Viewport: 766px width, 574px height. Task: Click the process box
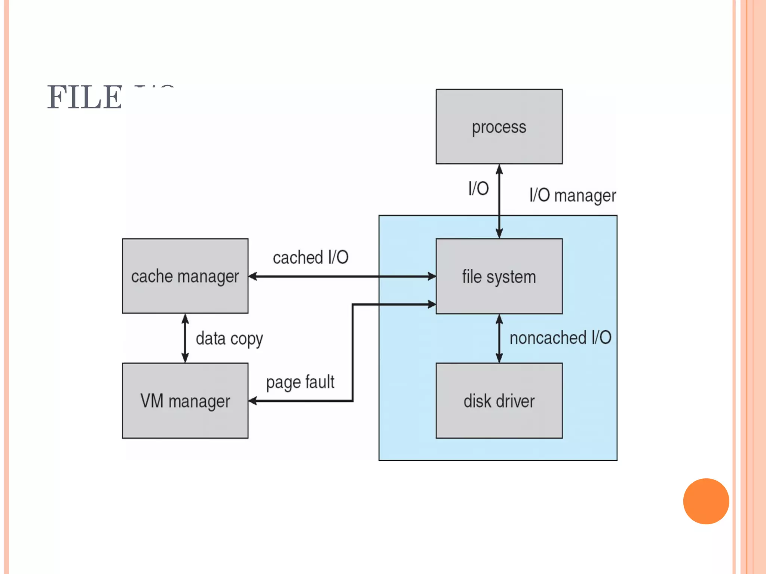[499, 127]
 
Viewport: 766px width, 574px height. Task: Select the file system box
[499, 277]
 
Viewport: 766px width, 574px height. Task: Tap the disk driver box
[499, 401]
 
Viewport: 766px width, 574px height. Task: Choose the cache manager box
[185, 276]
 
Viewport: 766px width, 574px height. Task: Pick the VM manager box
[185, 401]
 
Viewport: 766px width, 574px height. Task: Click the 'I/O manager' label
[572, 195]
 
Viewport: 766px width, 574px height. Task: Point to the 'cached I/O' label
[310, 257]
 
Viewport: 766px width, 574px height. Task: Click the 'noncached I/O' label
[560, 338]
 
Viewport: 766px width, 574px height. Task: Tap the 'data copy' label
[229, 339]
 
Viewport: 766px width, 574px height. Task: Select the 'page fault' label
[300, 382]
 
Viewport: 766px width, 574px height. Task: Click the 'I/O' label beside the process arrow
[478, 188]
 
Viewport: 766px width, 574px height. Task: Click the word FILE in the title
[85, 98]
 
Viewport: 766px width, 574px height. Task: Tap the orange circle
[706, 501]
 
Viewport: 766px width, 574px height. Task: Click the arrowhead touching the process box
[499, 169]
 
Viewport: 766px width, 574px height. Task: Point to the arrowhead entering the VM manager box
[253, 401]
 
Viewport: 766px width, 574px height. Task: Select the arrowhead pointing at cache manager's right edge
[253, 277]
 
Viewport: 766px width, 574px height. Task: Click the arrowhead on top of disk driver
[499, 358]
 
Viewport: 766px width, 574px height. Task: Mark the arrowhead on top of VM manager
[185, 358]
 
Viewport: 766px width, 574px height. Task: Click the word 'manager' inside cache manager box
[208, 277]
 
